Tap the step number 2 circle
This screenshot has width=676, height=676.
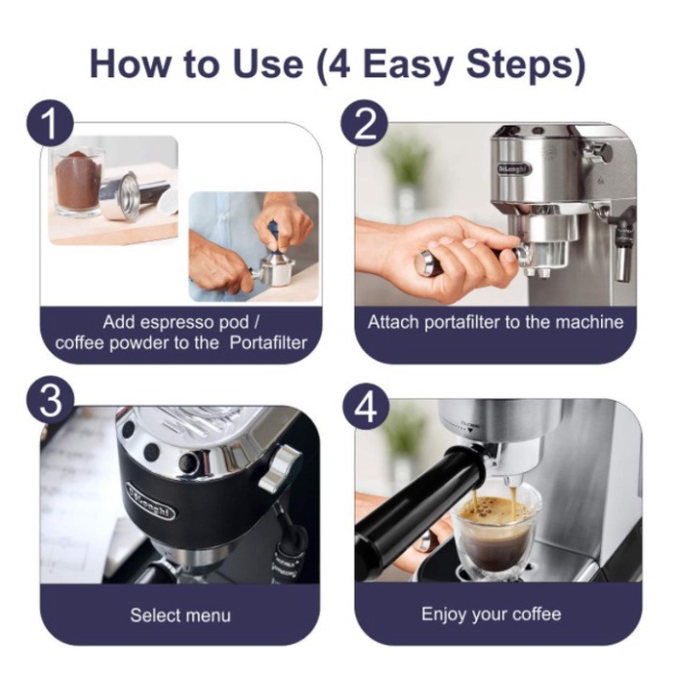coord(364,125)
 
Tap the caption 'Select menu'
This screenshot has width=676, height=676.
coord(179,616)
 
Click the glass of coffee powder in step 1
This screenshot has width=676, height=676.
coord(78,182)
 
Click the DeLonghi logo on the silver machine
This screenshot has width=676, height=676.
coord(515,169)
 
